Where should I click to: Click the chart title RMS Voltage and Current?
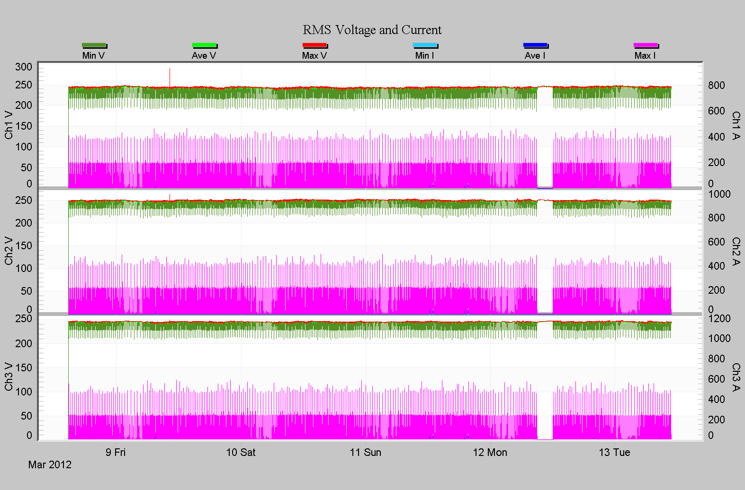372,30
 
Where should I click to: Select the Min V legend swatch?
94,45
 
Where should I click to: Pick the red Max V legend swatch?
314,45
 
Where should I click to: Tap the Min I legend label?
424,56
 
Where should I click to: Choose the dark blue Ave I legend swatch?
535,45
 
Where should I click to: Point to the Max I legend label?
645,56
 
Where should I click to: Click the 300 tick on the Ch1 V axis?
24,67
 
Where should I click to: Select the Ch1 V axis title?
9,125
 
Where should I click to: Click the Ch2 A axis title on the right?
736,251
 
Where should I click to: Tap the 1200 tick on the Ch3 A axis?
719,318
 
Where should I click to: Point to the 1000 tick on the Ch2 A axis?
719,194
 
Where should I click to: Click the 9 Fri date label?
116,452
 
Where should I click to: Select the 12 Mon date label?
490,452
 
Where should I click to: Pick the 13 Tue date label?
614,452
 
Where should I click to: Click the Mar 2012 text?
50,464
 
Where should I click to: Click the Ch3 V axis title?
9,376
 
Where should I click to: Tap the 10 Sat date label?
241,452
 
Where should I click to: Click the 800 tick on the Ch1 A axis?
717,86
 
